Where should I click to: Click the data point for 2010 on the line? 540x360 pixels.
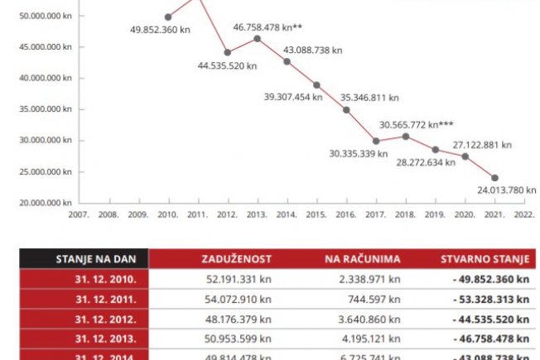pos(168,17)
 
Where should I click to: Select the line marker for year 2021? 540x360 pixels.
pos(494,178)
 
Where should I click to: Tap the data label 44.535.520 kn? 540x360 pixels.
pos(232,65)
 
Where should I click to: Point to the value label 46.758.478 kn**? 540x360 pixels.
pos(267,27)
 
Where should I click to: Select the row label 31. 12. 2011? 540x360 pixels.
pos(113,299)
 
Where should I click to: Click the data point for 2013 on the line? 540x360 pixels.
pos(258,39)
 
